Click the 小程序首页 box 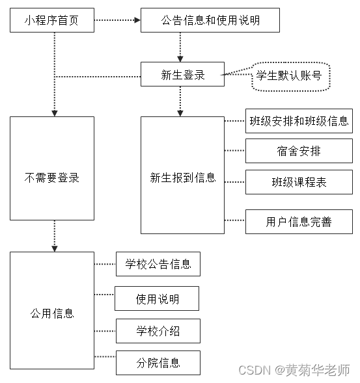(x=52, y=20)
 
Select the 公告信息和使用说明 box (x=210, y=20)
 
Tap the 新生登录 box (x=182, y=75)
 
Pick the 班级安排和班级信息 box (x=299, y=121)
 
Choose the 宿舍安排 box (x=299, y=152)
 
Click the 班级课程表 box (x=299, y=182)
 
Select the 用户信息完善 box (x=299, y=222)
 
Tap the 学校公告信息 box (x=158, y=264)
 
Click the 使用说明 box (x=157, y=299)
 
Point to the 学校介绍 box (x=158, y=331)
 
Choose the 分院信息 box (x=158, y=362)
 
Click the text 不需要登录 (x=52, y=177)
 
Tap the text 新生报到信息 (x=182, y=177)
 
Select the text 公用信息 (x=52, y=313)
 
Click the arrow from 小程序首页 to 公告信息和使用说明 (x=117, y=20)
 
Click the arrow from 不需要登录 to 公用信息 (x=55, y=235)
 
